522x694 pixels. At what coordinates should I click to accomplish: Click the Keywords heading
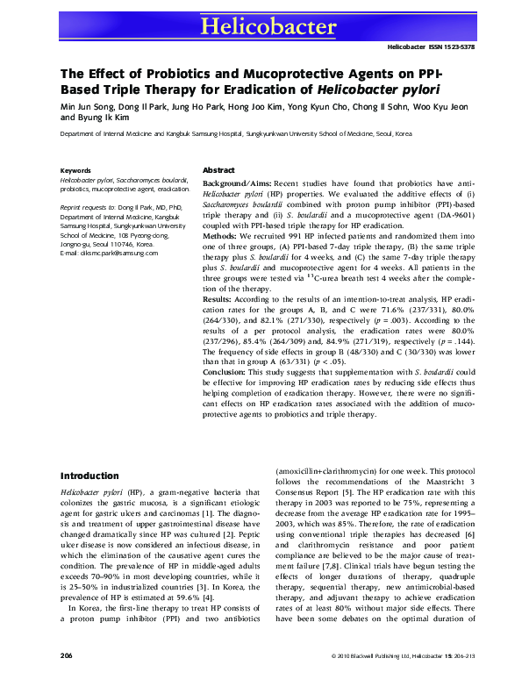click(75, 170)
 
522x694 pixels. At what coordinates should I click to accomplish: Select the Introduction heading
click(89, 475)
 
